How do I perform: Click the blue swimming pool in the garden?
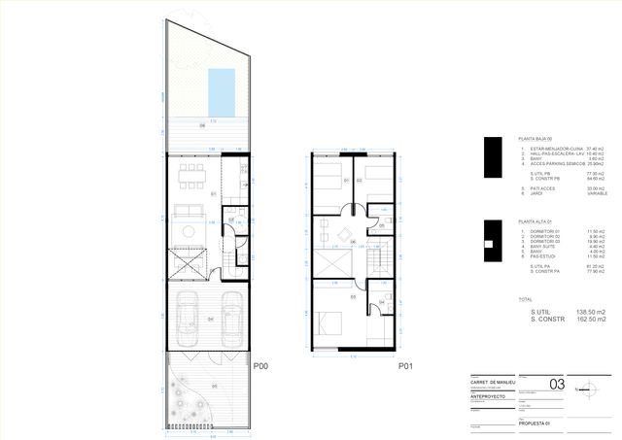[223, 89]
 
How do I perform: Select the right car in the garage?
[230, 318]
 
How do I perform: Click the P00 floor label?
[260, 366]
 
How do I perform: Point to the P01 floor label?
[406, 366]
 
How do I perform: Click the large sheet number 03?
[557, 384]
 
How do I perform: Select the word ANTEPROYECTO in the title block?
[486, 395]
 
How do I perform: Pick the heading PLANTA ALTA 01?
[537, 222]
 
